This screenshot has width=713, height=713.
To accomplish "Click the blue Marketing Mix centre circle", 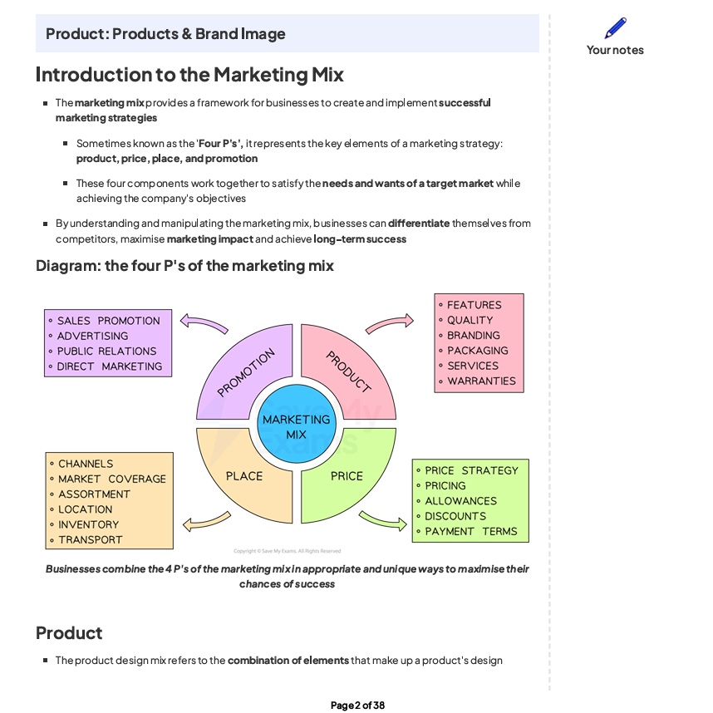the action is coord(296,425).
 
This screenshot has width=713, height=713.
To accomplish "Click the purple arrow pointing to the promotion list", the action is coord(204,322).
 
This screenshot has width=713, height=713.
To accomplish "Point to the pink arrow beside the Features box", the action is coord(389,322).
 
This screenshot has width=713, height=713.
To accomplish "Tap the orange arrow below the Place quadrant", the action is coord(206,522).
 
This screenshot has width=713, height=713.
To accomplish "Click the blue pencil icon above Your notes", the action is coord(615,28).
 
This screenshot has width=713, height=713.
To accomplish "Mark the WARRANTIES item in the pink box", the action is coord(481,381).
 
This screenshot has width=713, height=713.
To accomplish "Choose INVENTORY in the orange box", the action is coord(88,524).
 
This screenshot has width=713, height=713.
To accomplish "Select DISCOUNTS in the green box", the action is coord(455,516).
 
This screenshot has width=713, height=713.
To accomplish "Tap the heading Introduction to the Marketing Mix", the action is coord(189,75).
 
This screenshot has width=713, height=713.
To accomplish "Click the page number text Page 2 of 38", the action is coord(357,706).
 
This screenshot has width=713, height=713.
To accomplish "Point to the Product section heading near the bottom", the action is coord(69,633).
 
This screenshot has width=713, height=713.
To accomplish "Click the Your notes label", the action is coord(615,50).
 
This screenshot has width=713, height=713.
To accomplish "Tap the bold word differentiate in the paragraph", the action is coord(419,224).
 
